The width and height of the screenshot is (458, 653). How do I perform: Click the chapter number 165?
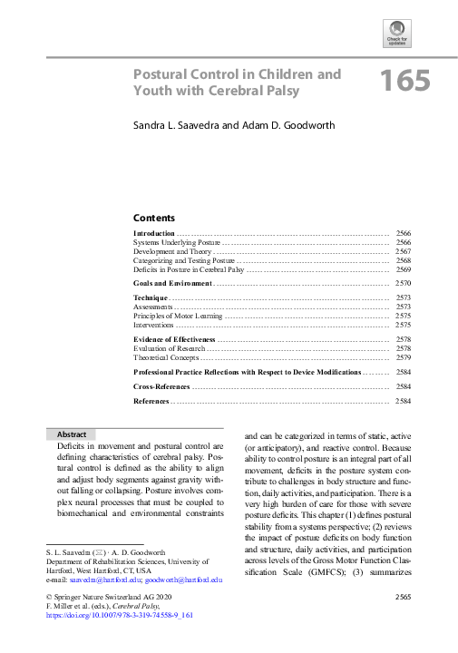coord(404,82)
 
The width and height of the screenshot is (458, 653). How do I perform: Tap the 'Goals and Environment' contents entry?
coord(172,284)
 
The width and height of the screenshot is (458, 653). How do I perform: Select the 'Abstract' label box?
coord(72,434)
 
